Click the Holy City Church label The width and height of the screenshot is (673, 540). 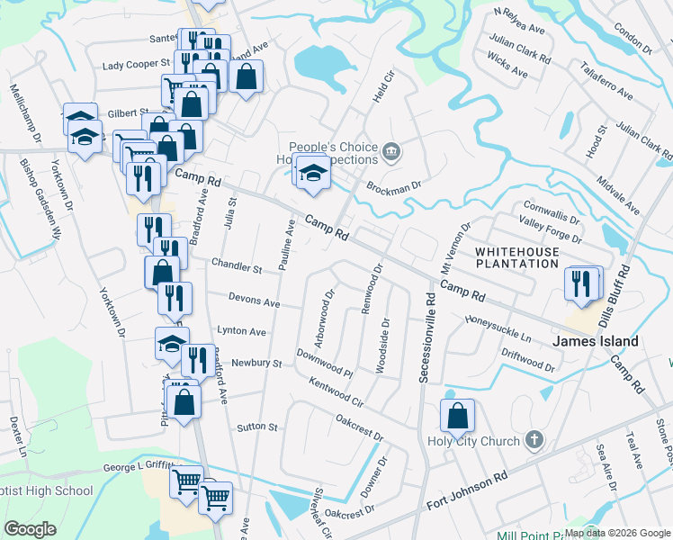(x=474, y=441)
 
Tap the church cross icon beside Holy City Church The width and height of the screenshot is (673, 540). (x=534, y=440)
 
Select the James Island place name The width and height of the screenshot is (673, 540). (x=595, y=341)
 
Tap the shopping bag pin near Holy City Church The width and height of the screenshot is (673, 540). (x=457, y=416)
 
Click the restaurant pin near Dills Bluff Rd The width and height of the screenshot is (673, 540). (x=582, y=283)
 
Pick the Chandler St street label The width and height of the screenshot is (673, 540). (x=236, y=268)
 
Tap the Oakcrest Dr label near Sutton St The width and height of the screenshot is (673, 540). (x=359, y=427)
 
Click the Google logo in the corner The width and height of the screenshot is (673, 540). (x=31, y=528)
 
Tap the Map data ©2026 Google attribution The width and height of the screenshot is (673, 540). (x=617, y=533)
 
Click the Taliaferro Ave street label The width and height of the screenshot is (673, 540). (x=607, y=81)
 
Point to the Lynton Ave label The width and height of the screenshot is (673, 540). (x=240, y=332)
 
